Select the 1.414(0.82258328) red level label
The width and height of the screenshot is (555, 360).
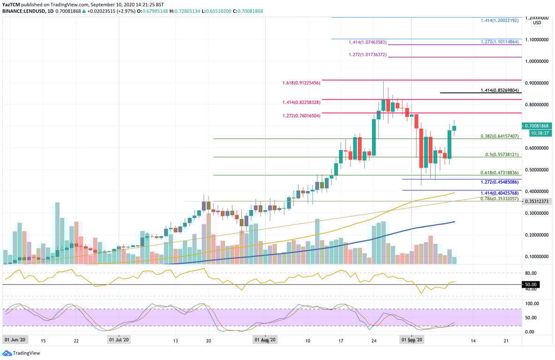click(x=301, y=102)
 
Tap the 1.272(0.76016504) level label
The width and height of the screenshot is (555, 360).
click(x=301, y=115)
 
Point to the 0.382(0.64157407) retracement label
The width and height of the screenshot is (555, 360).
click(x=500, y=136)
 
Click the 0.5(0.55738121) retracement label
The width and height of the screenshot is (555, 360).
click(x=502, y=155)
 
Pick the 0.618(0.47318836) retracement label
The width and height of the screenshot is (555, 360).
click(x=500, y=172)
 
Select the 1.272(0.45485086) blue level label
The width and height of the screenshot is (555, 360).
click(x=500, y=182)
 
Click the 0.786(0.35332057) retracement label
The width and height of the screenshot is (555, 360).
click(x=500, y=199)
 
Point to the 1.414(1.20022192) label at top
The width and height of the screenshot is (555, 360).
click(x=500, y=21)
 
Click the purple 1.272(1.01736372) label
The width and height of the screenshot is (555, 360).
click(x=368, y=55)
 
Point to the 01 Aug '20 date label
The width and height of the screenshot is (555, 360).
click(x=265, y=339)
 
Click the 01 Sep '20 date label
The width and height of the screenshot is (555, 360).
click(x=411, y=339)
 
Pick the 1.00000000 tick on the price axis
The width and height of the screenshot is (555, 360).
click(x=536, y=61)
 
